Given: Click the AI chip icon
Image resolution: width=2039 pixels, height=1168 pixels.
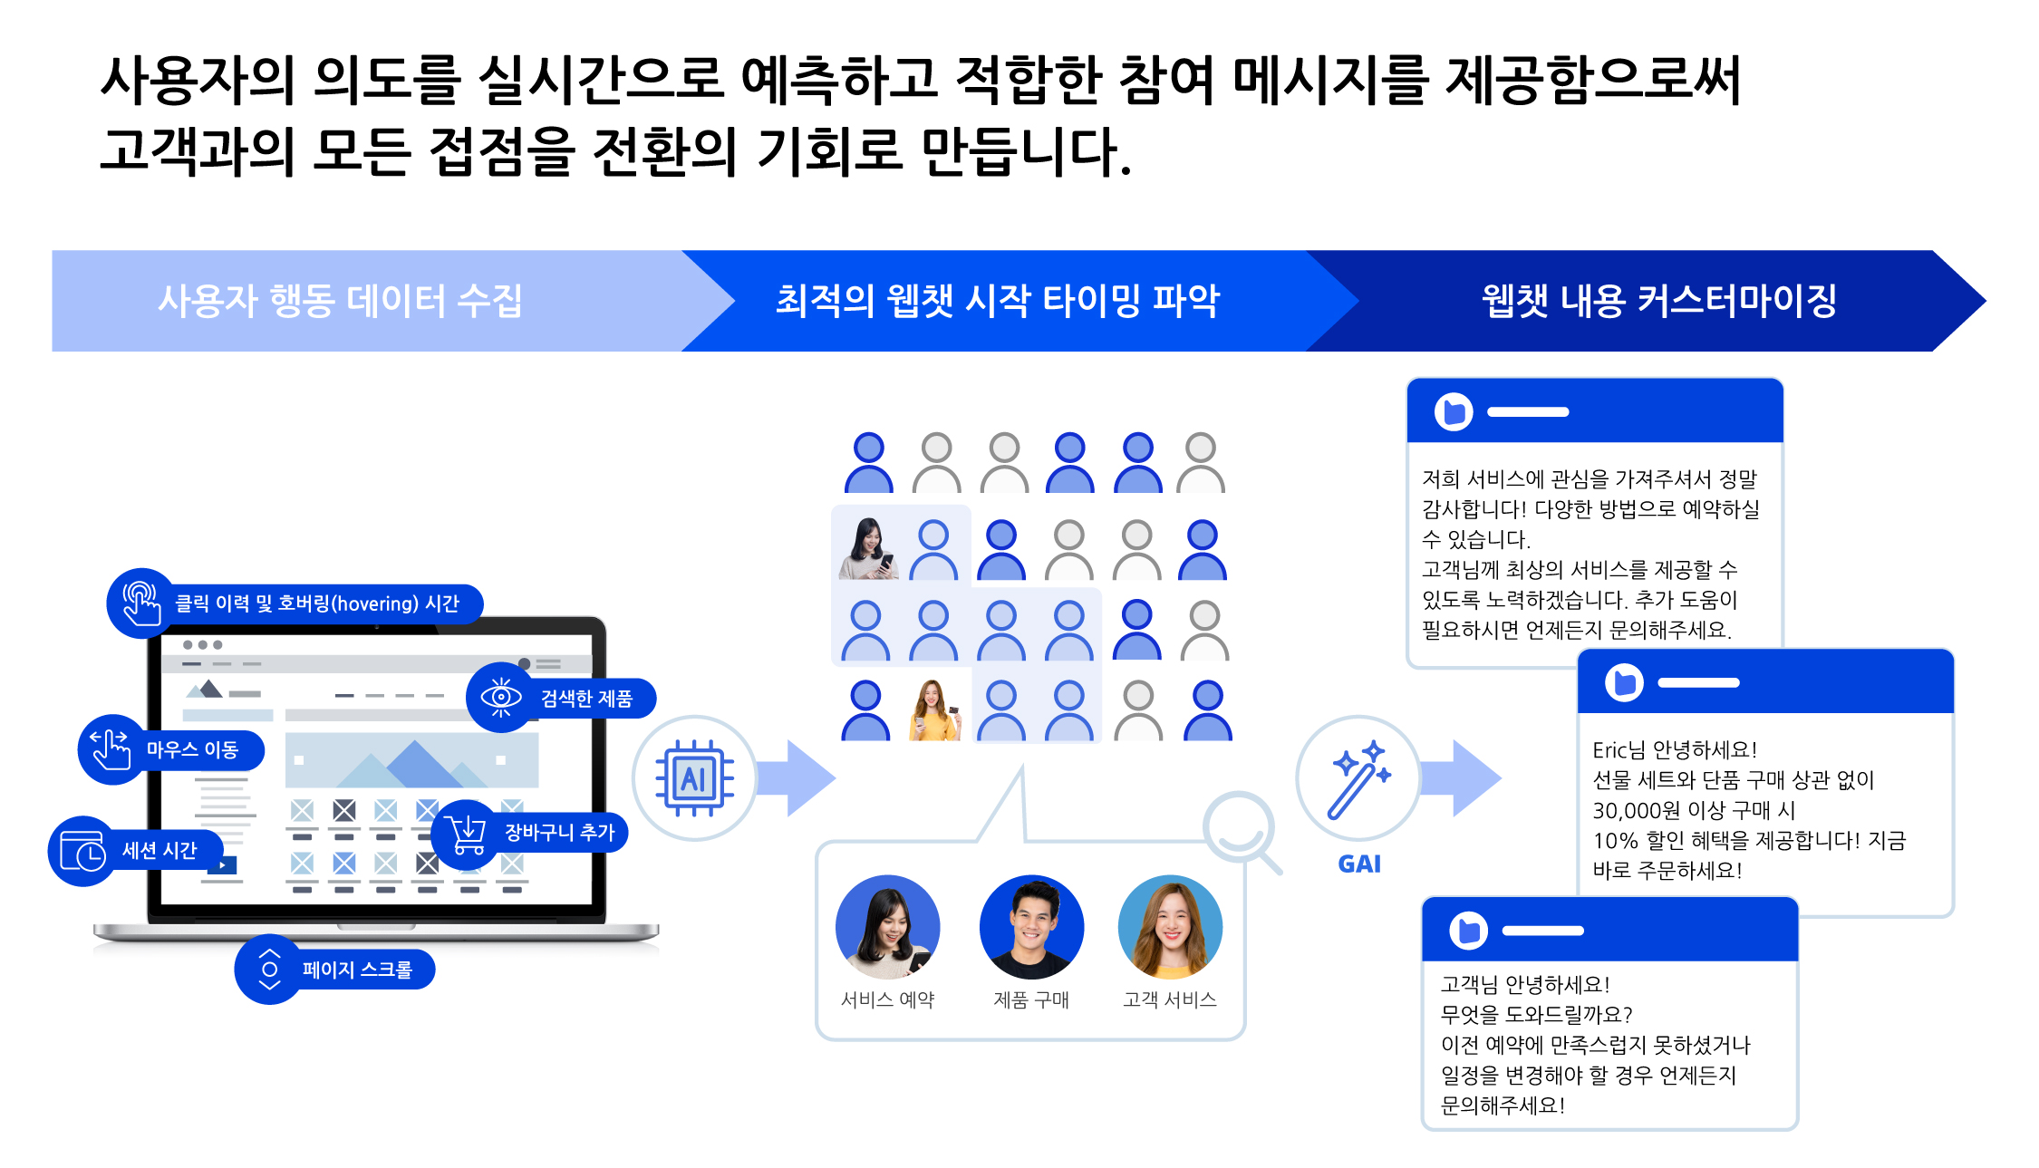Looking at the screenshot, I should coord(694,778).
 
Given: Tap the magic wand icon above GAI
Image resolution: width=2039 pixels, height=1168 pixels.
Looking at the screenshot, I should coord(1358,778).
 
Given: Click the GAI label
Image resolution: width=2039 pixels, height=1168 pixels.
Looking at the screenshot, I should coord(1359,864).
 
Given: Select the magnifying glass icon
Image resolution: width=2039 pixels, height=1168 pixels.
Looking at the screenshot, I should coord(1241,830).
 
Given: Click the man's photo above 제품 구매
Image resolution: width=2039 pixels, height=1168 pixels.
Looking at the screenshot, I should coord(1031,927).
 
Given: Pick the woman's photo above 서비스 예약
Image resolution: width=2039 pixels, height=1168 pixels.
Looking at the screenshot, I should coord(887,927).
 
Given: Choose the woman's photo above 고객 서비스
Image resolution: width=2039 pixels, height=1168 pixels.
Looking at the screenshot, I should coord(1170,927).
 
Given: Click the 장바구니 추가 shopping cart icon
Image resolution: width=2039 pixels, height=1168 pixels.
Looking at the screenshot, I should coord(468,832).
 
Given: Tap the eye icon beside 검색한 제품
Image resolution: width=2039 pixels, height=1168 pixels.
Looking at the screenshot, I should coord(500,697).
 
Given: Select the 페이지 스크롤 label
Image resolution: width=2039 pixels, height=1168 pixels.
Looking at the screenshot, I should coord(357,970).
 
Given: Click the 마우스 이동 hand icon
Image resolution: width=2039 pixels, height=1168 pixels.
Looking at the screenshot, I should coord(111,749).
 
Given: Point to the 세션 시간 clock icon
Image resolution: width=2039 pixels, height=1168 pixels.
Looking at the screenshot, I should coord(82,851).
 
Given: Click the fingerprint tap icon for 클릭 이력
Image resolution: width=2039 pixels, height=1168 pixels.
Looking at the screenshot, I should coord(140,603).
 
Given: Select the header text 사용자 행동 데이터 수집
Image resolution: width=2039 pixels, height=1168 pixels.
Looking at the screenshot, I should coord(340,301).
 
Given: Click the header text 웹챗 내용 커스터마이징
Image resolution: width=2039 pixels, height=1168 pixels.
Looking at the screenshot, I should coord(1658,301).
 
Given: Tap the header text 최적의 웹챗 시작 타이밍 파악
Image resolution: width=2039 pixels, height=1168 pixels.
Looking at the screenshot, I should coord(998,301).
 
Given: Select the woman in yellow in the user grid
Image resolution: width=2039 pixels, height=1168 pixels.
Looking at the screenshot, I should coord(935,710).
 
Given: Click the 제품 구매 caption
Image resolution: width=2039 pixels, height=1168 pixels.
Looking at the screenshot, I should coord(1031,999).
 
